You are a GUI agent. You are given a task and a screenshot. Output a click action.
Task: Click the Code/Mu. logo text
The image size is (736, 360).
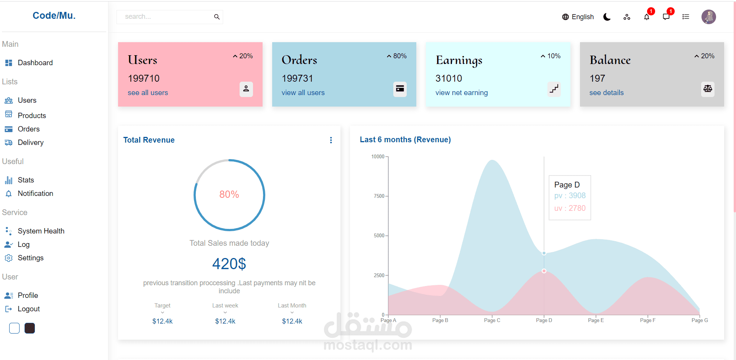54,16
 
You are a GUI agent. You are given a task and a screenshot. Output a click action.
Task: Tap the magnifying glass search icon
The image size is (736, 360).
217,17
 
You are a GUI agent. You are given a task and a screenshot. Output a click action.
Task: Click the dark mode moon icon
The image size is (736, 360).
607,17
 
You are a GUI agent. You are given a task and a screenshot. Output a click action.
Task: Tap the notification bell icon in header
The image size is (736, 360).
647,17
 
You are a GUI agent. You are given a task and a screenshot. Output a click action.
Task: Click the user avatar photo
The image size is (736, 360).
708,17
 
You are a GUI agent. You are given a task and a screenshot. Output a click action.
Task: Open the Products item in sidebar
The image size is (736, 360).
31,115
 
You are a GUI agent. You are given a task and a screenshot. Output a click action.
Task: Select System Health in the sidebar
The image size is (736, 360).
41,231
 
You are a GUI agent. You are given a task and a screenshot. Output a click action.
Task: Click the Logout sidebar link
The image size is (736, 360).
28,309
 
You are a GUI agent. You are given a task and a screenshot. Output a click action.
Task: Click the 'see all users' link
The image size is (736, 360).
148,93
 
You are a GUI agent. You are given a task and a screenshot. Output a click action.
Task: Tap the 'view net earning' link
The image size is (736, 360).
462,93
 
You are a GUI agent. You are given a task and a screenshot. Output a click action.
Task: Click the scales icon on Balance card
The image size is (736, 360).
707,89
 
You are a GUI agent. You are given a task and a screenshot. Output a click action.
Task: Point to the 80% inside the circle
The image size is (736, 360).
229,194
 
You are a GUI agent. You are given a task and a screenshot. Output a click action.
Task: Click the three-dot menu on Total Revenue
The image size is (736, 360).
331,140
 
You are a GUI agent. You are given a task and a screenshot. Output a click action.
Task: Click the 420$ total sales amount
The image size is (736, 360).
229,264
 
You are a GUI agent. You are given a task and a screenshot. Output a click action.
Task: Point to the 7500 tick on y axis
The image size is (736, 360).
379,196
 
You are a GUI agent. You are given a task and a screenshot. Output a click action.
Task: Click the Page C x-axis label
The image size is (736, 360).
492,320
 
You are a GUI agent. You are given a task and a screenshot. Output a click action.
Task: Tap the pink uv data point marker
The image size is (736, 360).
544,271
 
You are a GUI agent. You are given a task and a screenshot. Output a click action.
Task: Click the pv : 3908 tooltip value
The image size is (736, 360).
570,196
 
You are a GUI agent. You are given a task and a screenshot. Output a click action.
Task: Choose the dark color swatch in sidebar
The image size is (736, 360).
30,328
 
